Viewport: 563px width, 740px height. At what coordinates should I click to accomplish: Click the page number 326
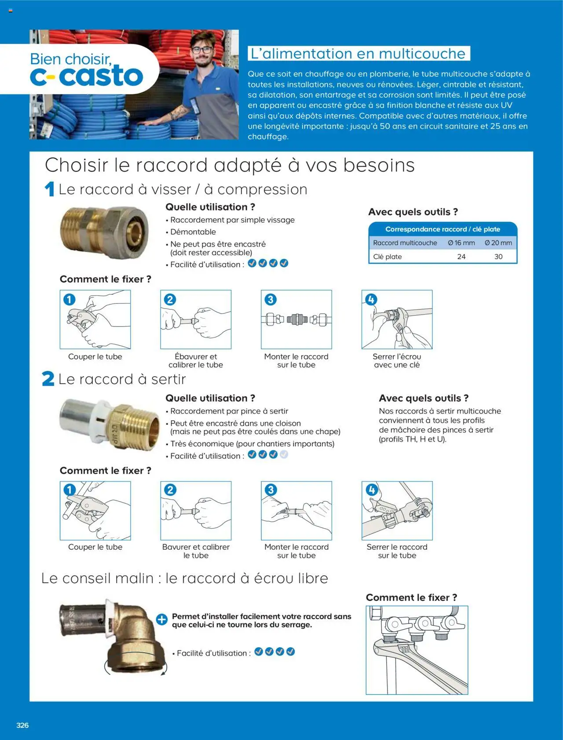click(x=22, y=725)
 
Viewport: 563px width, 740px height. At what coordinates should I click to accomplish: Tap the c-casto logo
click(x=87, y=76)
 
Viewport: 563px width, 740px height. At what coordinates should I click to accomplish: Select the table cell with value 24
click(x=461, y=257)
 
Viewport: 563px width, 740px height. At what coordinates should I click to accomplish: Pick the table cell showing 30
click(x=498, y=257)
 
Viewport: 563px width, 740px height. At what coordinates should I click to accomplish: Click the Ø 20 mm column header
click(x=498, y=243)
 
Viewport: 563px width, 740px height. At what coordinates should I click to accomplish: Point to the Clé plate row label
click(x=388, y=257)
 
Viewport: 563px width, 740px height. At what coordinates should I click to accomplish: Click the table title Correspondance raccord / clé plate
click(x=442, y=229)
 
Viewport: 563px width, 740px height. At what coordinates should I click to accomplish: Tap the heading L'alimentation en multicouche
click(x=358, y=54)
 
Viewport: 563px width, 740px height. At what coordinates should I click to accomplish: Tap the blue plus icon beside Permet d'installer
click(x=162, y=620)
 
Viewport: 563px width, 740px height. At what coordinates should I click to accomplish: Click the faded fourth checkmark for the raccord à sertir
click(x=284, y=454)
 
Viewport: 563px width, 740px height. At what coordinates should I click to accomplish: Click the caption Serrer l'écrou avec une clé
click(x=397, y=360)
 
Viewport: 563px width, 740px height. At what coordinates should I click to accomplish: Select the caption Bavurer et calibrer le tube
click(x=196, y=551)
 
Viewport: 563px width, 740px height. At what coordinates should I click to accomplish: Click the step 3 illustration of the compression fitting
click(x=296, y=319)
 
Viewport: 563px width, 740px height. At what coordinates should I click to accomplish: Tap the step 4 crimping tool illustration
click(x=397, y=510)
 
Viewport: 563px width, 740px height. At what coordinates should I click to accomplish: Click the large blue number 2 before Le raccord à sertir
click(x=48, y=379)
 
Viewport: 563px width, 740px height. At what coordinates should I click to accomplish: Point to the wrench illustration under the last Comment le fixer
click(x=417, y=650)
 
